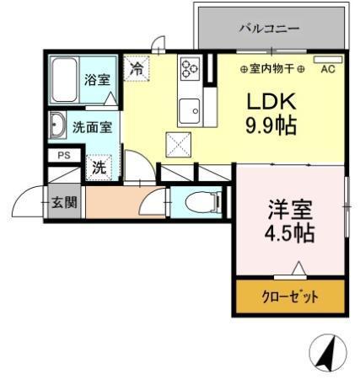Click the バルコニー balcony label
coord(269,28)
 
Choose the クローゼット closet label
coord(290,296)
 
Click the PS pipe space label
coord(63,156)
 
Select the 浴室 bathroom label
coord(97,81)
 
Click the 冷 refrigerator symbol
coord(136,68)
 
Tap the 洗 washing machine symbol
coord(99,167)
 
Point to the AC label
coord(327,70)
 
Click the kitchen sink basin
coord(189,109)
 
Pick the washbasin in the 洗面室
coord(57,127)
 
